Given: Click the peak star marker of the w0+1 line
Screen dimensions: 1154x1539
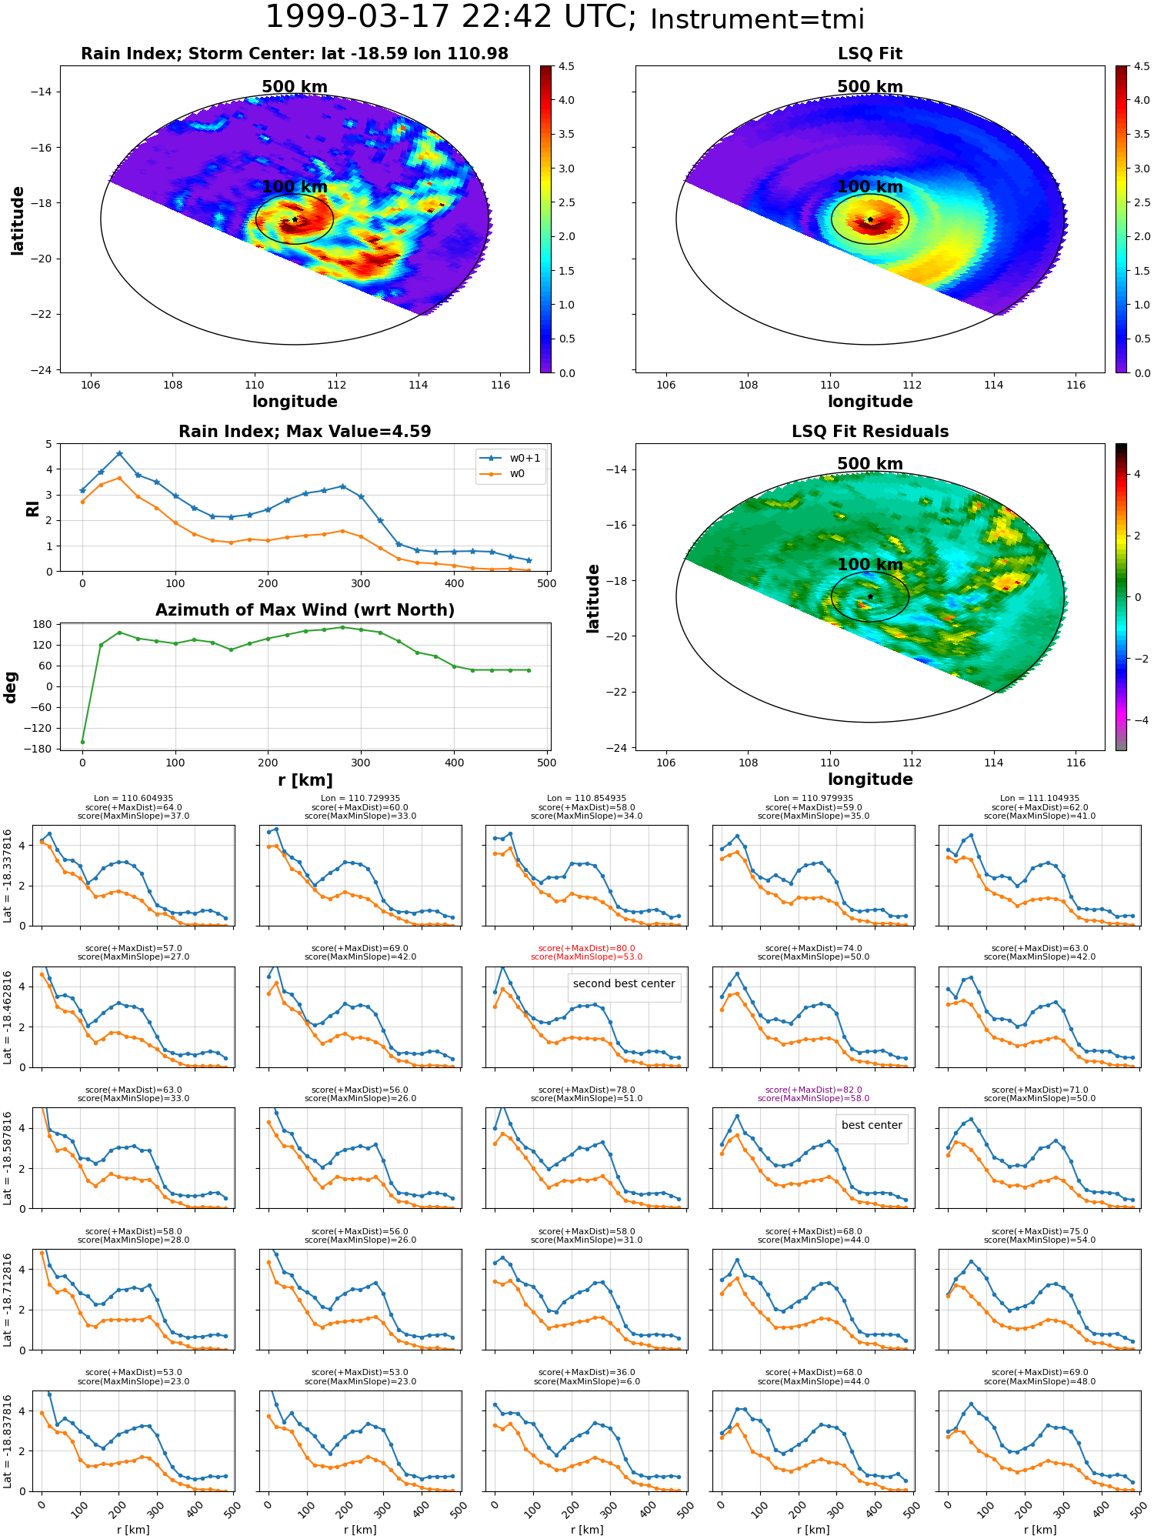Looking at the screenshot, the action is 119,454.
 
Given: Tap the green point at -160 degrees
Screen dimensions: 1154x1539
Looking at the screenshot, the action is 82,742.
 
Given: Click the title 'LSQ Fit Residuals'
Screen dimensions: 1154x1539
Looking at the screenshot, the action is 870,432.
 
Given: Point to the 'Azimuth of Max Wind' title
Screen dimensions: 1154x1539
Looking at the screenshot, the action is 305,610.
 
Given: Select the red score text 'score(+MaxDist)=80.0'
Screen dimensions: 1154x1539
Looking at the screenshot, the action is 587,949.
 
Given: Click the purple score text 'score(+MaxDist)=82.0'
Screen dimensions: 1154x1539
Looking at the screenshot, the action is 813,1090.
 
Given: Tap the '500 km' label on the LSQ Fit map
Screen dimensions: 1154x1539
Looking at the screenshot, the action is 870,87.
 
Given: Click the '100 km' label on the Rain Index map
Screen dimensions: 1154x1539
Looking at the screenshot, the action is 295,187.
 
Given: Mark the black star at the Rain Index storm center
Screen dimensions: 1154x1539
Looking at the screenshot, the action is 295,219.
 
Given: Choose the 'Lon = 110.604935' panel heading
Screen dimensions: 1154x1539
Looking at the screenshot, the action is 134,799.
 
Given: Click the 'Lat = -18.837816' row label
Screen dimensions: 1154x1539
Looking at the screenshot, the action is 8,1441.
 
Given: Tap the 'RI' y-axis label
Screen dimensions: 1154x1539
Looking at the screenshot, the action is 33,509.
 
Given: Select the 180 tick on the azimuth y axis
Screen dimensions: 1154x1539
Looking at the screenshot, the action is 43,624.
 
